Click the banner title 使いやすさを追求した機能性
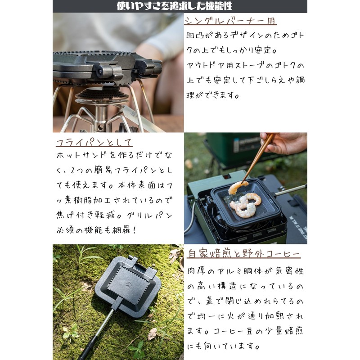[174, 6]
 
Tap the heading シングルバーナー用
[230, 21]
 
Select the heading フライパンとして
[94, 142]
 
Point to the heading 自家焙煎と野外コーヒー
[243, 253]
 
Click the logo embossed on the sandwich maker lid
[129, 285]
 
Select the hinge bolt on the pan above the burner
[100, 72]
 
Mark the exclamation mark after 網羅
[134, 230]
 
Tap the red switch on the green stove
[227, 177]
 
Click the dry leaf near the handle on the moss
[152, 334]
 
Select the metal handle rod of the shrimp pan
[291, 190]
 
